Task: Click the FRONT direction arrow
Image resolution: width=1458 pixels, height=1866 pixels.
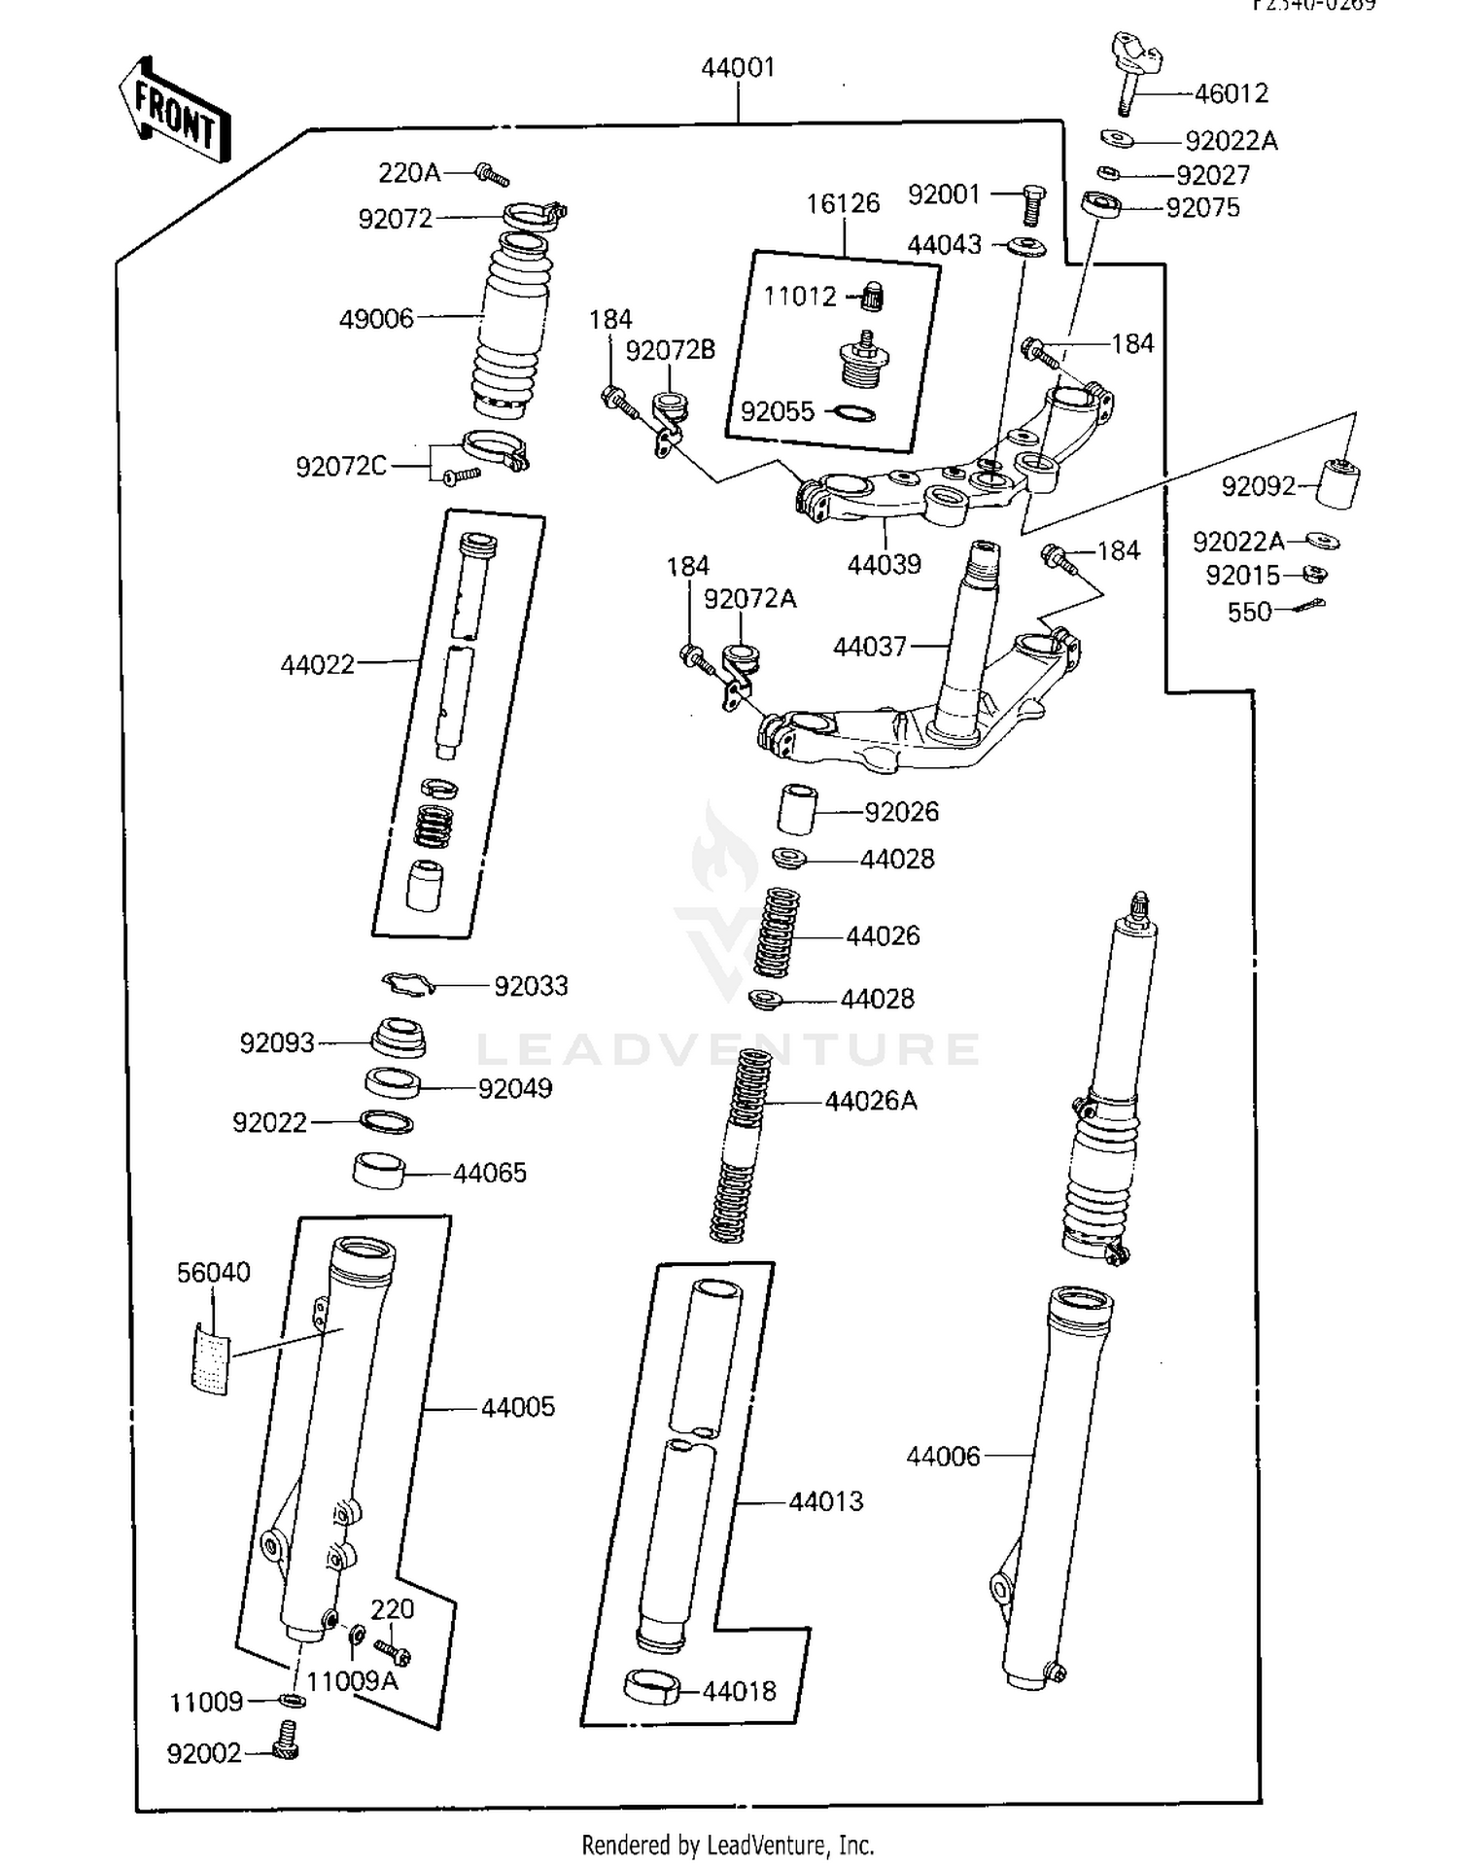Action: point(175,109)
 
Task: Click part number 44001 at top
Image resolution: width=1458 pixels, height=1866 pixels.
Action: point(738,68)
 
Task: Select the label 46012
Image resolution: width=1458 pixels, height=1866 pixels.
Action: point(1231,93)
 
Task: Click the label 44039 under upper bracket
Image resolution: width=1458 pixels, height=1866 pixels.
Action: point(884,564)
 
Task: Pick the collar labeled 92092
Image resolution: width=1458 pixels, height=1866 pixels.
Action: point(1338,482)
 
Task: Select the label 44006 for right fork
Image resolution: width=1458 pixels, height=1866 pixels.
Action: point(943,1456)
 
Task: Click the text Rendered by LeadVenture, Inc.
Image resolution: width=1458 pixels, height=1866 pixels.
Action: point(727,1844)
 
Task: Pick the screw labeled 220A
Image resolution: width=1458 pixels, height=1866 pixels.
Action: point(491,175)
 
